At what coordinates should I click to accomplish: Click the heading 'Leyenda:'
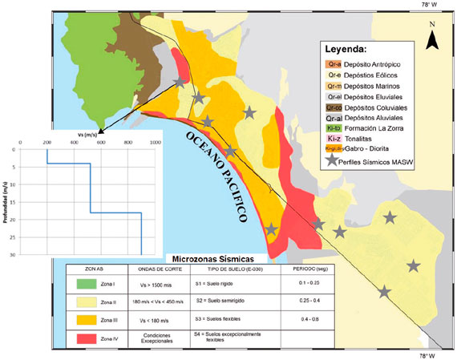coord(350,49)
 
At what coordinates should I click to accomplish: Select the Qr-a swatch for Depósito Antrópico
coord(334,63)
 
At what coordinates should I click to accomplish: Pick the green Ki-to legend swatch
coord(334,128)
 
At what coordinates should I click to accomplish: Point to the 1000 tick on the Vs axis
coord(156,143)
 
